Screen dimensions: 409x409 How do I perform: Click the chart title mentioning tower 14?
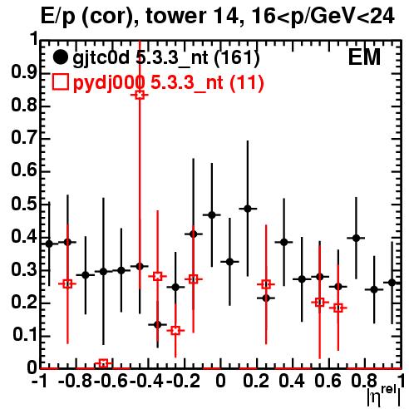pos(218,17)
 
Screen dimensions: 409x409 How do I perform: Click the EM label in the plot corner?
pos(364,57)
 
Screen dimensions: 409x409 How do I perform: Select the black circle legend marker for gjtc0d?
pos(60,57)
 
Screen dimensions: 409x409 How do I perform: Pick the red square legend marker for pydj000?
pos(60,82)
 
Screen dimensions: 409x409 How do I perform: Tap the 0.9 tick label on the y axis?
pos(24,72)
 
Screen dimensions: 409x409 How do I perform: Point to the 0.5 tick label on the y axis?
pos(24,204)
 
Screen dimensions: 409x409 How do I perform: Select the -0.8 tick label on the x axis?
pos(75,381)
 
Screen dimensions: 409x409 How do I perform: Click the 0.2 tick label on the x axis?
pos(256,381)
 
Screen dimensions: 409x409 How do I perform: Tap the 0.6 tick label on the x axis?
pos(328,381)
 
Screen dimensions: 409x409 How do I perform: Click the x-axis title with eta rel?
pos(384,397)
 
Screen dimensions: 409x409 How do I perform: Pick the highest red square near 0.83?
pos(140,95)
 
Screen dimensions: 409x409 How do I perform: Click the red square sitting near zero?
pos(103,363)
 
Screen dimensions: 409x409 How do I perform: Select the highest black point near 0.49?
pos(248,209)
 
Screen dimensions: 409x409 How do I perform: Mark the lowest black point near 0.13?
pos(157,324)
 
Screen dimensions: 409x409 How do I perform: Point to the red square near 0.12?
pos(175,330)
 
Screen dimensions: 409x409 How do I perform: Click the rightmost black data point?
pos(392,283)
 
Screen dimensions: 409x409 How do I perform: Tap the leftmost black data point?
pos(49,244)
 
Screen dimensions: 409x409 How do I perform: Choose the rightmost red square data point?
pos(338,308)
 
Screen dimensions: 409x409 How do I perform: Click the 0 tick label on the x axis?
pos(220,381)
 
